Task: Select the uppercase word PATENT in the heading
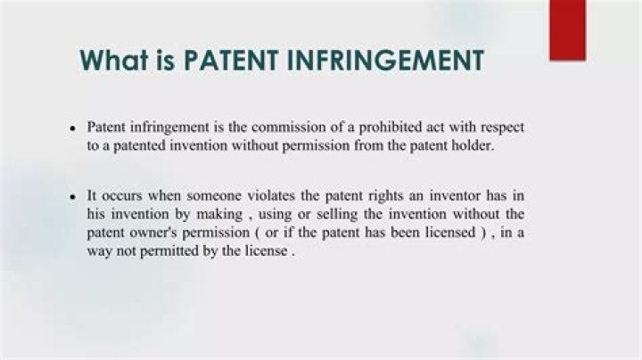click(x=231, y=60)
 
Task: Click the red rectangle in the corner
click(x=567, y=29)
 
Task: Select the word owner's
click(x=155, y=233)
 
